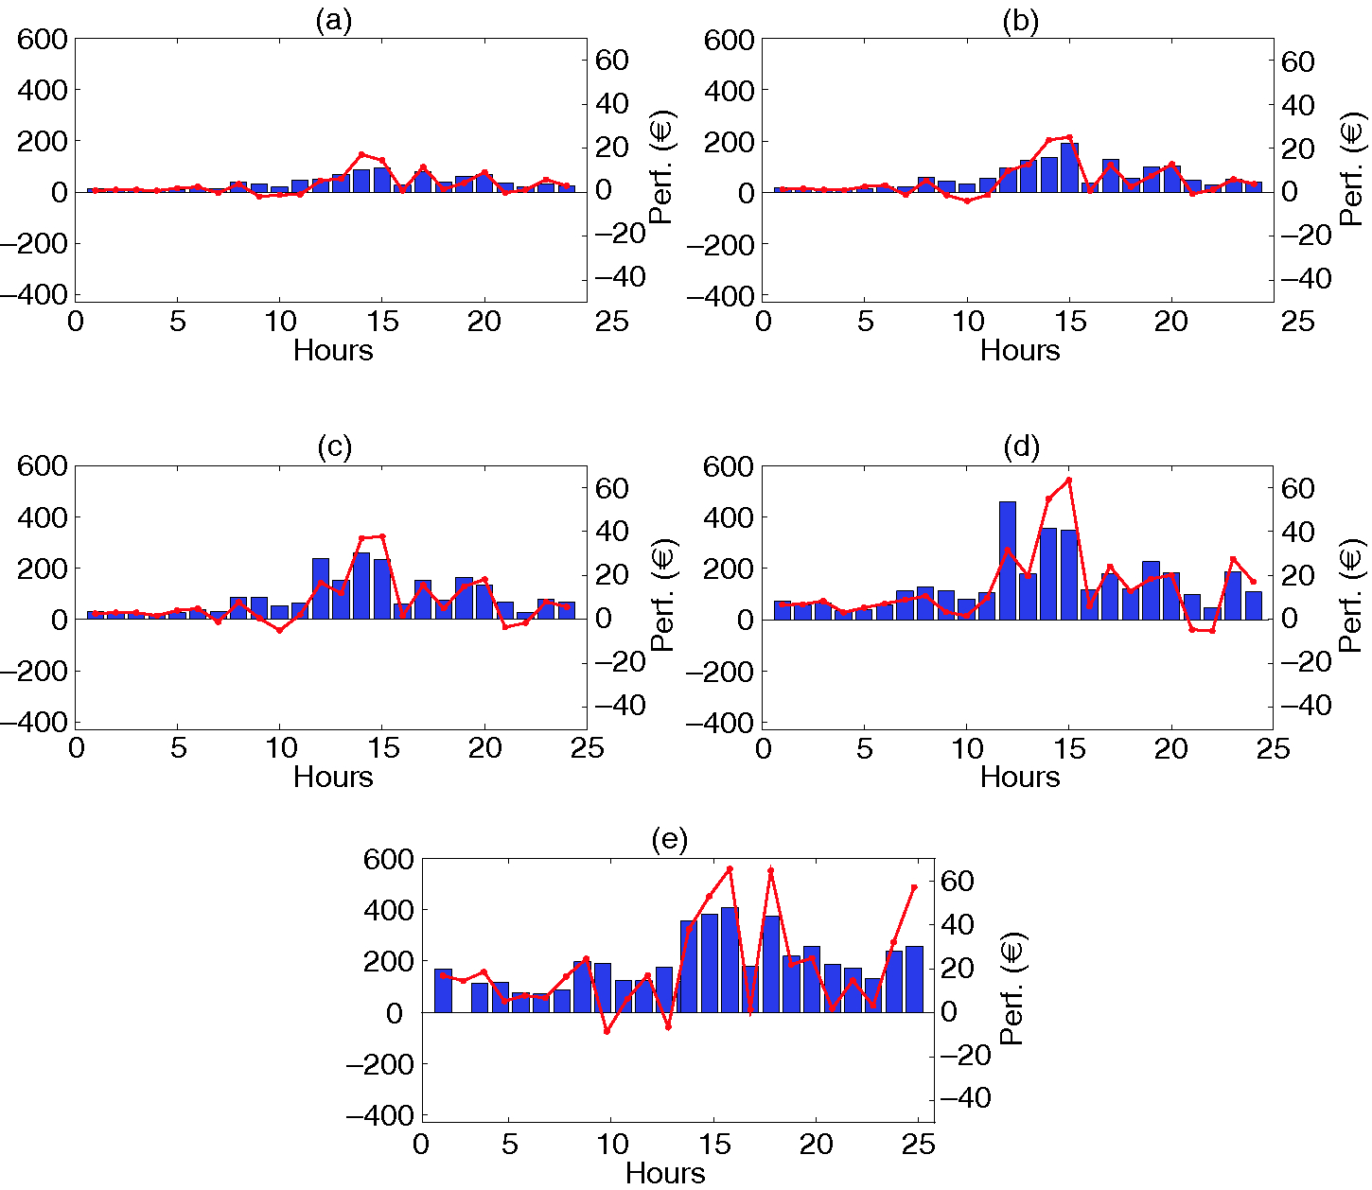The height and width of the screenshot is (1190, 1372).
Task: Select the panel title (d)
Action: (1021, 447)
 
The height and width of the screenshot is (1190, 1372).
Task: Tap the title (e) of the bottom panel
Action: (669, 839)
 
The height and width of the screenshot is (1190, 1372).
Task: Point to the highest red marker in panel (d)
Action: (1068, 480)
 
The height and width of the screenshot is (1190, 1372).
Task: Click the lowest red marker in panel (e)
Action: (607, 1031)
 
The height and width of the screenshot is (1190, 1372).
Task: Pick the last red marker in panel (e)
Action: (914, 887)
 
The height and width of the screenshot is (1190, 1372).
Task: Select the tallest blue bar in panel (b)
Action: (1069, 167)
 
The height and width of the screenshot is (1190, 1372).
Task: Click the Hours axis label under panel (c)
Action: (333, 777)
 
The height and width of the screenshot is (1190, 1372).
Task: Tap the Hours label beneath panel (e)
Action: (665, 1173)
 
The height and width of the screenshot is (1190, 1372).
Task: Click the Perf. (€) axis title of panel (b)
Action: (1354, 169)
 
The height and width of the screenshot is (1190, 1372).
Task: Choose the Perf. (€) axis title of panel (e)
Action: (1011, 989)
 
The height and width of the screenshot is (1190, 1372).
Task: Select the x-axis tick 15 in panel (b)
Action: (1069, 322)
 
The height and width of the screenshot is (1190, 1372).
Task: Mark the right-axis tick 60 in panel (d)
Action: (1298, 489)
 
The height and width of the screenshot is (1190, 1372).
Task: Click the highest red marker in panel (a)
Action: (361, 154)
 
